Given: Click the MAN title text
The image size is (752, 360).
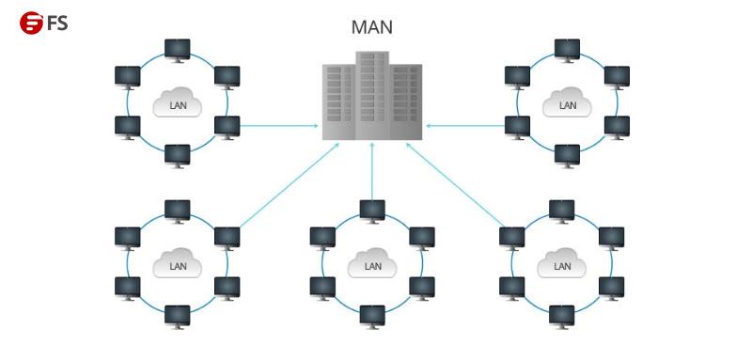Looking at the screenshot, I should pyautogui.click(x=372, y=27).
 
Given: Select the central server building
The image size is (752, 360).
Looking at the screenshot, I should pyautogui.click(x=372, y=96).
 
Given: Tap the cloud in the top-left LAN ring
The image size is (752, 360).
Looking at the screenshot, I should pyautogui.click(x=178, y=102).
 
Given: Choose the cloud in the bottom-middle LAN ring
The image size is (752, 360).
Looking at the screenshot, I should pyautogui.click(x=372, y=264).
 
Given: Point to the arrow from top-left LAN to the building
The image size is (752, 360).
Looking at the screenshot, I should pyautogui.click(x=278, y=124).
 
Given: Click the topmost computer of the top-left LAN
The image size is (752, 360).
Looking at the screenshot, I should pyautogui.click(x=177, y=49).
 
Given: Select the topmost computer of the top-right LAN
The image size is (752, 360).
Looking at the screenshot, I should pyautogui.click(x=567, y=49).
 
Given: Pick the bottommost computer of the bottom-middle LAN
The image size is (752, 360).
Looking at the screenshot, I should pyautogui.click(x=372, y=316).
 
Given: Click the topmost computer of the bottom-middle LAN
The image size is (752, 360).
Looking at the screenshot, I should pyautogui.click(x=372, y=211).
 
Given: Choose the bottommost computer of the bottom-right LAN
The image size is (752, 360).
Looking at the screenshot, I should pyautogui.click(x=561, y=315).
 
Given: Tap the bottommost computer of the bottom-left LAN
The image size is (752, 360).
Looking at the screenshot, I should pyautogui.click(x=177, y=315).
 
